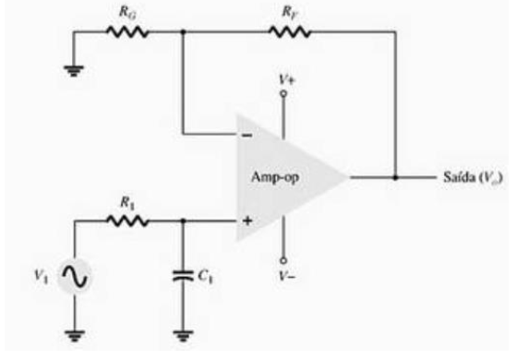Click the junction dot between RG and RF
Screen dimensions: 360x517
(x=184, y=30)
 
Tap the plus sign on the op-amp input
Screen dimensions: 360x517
(x=247, y=222)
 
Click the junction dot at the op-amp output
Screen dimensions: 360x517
(x=396, y=176)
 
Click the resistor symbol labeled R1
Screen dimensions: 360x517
(x=124, y=222)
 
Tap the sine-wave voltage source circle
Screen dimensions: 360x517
(x=74, y=274)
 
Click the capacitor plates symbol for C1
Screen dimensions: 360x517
(x=184, y=274)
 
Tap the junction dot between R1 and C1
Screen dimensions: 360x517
(x=184, y=222)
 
